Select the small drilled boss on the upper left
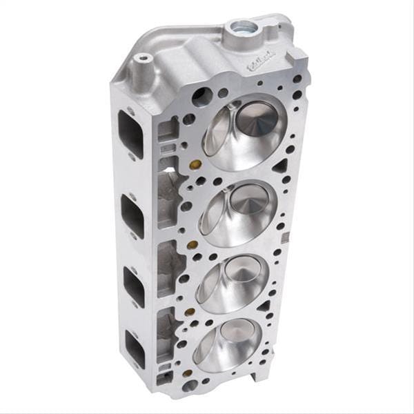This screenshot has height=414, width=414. tap(144, 59)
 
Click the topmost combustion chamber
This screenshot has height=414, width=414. tap(244, 131)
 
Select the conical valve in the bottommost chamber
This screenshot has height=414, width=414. tap(239, 337)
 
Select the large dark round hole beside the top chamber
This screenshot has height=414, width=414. tap(202, 97)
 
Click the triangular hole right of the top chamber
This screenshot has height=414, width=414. tap(280, 166)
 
